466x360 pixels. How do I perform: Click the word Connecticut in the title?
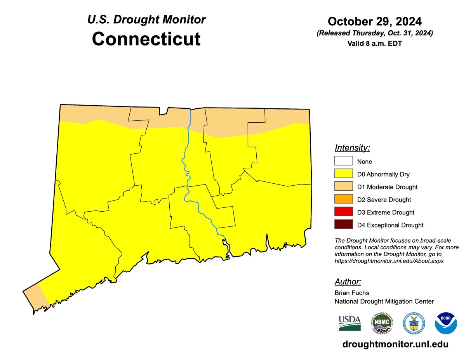tap(146, 39)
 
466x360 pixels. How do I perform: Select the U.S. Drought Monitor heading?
tap(146, 19)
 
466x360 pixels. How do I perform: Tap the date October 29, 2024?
tap(374, 21)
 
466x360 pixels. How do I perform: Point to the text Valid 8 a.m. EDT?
tap(374, 43)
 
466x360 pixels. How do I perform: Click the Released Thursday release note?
tap(374, 33)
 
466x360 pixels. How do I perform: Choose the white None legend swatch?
tap(343, 161)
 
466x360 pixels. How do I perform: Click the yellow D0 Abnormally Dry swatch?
tap(343, 174)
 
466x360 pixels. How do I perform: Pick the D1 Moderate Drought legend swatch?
tap(343, 187)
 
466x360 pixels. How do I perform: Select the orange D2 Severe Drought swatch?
tap(343, 200)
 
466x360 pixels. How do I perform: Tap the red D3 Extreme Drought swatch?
tap(343, 212)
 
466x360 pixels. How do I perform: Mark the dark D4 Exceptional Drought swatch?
tap(343, 225)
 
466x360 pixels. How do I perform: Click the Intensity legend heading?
tap(352, 148)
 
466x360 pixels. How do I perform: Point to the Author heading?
tap(348, 282)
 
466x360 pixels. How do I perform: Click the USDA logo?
tap(349, 323)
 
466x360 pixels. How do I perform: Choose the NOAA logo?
tap(446, 323)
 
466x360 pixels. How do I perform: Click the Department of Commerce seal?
tap(414, 323)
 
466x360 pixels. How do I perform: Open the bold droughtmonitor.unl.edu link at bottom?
tap(395, 344)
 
